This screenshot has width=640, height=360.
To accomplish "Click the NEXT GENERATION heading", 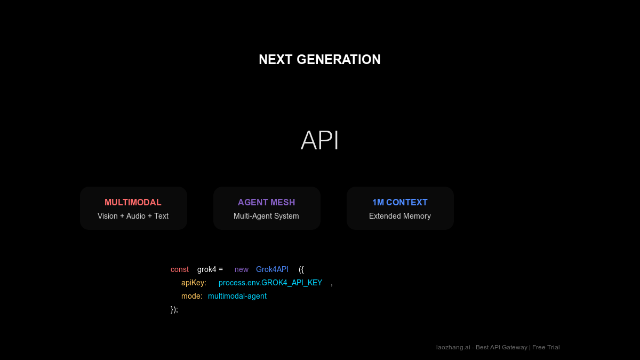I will click(319, 59).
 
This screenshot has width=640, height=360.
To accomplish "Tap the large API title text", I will click(319, 141).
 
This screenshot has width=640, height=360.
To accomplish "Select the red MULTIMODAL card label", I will click(133, 203).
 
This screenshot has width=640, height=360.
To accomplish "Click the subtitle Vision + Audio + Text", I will click(133, 216).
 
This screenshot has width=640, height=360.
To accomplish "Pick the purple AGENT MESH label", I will click(266, 203).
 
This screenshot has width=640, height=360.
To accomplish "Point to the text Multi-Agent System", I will click(266, 216).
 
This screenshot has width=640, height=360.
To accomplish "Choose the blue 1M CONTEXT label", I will click(399, 203).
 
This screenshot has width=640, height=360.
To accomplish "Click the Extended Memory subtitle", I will click(399, 216).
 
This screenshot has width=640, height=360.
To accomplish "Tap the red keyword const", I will click(180, 269).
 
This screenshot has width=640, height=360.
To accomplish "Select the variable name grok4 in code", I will click(206, 269).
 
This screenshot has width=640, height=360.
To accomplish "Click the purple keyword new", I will click(242, 269).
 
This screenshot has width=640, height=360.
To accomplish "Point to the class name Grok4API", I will click(272, 269).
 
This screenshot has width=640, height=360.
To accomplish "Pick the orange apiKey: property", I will click(194, 283).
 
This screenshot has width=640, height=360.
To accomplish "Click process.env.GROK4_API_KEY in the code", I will click(270, 283).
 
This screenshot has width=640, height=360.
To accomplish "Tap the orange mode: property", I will click(192, 296).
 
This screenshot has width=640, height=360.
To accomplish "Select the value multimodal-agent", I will click(237, 296).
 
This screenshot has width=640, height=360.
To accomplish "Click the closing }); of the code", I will click(174, 309).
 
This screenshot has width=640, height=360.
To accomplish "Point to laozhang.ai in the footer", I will click(453, 347).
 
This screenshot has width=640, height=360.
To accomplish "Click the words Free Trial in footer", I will click(546, 347).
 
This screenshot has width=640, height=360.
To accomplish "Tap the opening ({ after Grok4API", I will click(301, 269).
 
